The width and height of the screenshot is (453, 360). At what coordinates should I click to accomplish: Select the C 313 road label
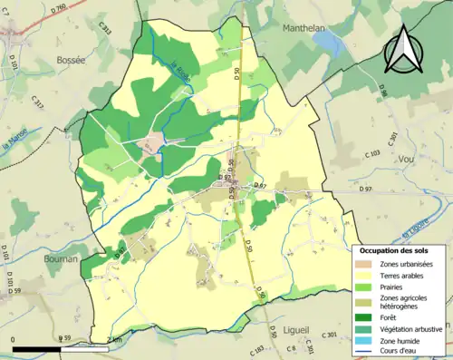(105, 33)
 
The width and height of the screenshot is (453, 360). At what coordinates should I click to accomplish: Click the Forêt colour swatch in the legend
(366, 317)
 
